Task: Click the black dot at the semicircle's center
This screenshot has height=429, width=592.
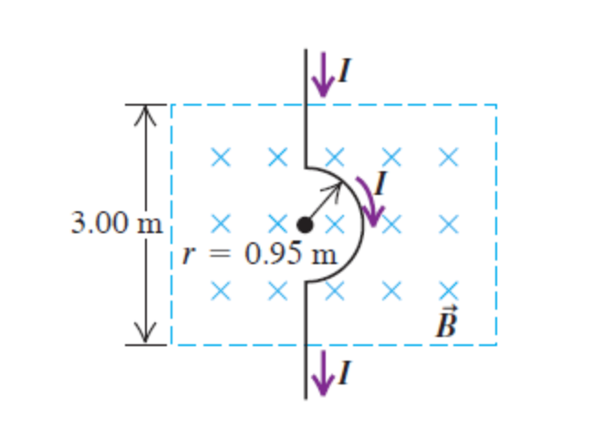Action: pos(306,223)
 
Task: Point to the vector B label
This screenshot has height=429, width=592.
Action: pos(445,322)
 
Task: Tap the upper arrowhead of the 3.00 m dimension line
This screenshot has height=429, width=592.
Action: pos(142,114)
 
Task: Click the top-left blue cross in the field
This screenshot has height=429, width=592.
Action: pos(219,158)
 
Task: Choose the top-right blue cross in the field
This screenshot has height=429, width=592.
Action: pos(447,158)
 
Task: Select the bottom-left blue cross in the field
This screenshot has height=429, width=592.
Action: pos(219,291)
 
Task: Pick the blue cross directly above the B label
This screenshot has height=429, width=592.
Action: pos(447,291)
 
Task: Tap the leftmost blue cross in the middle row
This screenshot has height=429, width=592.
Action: pos(219,223)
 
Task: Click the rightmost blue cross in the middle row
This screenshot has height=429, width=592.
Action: pos(447,223)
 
